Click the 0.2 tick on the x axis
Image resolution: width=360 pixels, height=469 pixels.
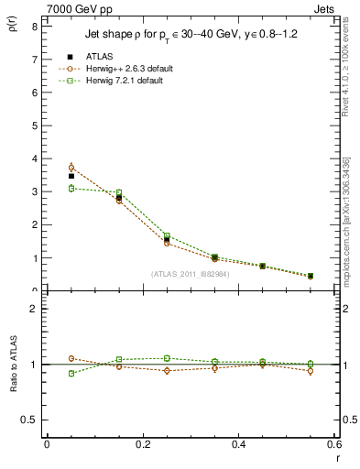click(142, 443)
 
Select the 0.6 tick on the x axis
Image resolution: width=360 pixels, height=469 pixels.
click(334, 443)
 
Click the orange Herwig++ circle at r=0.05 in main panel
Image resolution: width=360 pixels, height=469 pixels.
click(71, 168)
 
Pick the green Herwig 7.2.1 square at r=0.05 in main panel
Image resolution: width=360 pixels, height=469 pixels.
click(71, 188)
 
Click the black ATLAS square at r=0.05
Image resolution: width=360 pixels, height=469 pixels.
click(71, 176)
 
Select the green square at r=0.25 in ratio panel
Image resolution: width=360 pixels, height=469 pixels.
click(168, 358)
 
